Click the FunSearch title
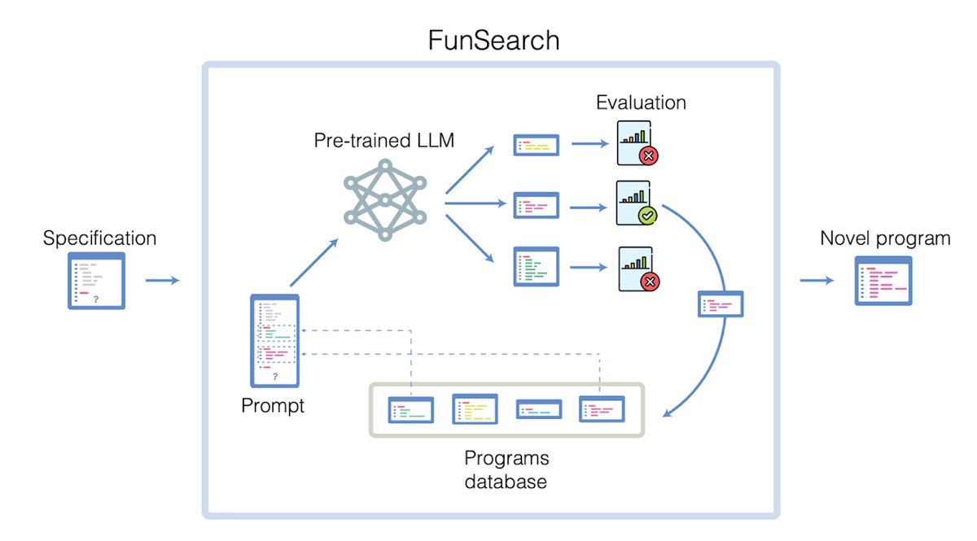[493, 40]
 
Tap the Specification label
[99, 238]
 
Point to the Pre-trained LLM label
[384, 140]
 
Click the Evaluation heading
[641, 103]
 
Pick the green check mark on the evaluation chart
[647, 215]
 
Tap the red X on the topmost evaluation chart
[649, 155]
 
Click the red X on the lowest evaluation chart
[650, 282]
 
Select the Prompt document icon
[275, 340]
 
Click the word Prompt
[272, 405]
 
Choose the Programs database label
[506, 469]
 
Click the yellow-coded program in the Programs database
[475, 409]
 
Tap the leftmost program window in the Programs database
[410, 410]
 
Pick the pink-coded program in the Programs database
[602, 409]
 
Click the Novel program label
[885, 238]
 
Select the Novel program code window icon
[883, 281]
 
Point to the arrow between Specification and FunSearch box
[162, 281]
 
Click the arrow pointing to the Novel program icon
[817, 281]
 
